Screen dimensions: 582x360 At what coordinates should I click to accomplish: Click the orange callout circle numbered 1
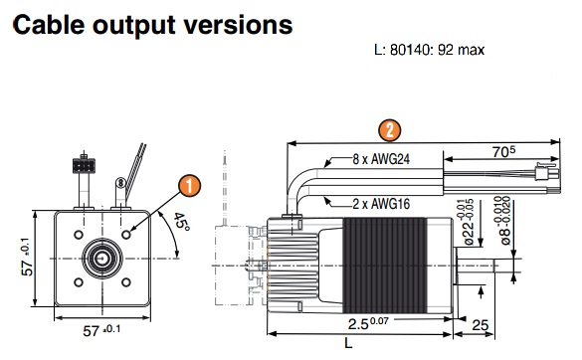(190, 186)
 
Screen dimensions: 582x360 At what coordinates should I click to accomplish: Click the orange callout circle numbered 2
(389, 130)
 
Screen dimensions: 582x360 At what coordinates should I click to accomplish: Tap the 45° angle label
(181, 222)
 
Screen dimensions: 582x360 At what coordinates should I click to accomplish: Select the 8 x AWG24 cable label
(381, 159)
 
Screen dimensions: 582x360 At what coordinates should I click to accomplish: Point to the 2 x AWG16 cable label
(381, 204)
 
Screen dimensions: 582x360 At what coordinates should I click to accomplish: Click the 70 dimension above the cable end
(503, 151)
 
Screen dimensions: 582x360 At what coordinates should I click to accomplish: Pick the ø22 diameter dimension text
(469, 222)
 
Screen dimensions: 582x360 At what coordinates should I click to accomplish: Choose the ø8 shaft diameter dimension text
(505, 221)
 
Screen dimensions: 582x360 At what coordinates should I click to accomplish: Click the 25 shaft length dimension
(480, 325)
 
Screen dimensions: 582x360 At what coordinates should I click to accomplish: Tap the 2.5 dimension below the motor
(368, 323)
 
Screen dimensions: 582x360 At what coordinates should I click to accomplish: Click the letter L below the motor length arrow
(348, 343)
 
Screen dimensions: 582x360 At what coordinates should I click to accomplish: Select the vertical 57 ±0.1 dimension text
(26, 257)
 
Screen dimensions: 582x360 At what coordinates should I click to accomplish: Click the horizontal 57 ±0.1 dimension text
(101, 330)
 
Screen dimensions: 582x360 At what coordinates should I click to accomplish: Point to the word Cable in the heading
(49, 25)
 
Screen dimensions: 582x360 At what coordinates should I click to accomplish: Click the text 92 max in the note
(461, 50)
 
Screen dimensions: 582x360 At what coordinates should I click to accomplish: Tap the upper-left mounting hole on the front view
(79, 235)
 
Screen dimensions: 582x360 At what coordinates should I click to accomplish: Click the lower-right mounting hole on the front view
(126, 282)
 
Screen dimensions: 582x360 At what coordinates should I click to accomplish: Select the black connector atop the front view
(84, 165)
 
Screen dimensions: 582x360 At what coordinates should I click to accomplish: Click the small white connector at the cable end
(547, 170)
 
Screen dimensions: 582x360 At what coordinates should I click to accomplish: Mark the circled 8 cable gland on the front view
(120, 183)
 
